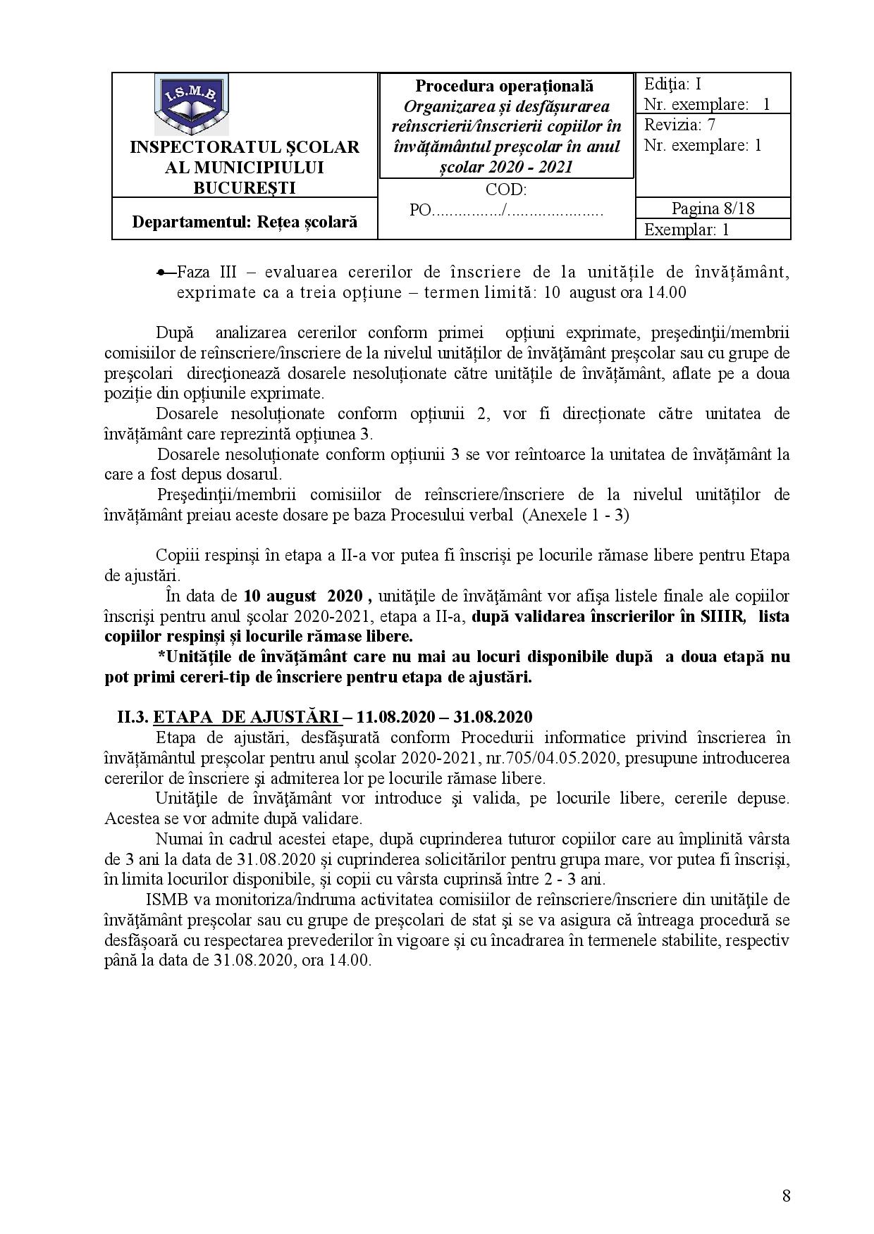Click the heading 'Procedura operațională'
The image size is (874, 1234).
(x=504, y=86)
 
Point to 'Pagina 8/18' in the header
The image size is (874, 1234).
(x=712, y=208)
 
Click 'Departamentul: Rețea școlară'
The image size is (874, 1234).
(x=245, y=221)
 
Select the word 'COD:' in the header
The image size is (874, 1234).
(x=505, y=189)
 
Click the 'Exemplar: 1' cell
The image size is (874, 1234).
(x=687, y=230)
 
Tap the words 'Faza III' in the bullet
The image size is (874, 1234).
(x=198, y=273)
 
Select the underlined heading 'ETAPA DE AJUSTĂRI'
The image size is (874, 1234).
(x=247, y=717)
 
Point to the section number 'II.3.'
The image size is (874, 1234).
(x=133, y=717)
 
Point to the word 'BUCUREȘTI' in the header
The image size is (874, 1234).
(x=245, y=187)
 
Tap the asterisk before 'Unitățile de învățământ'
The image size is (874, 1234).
(x=161, y=657)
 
